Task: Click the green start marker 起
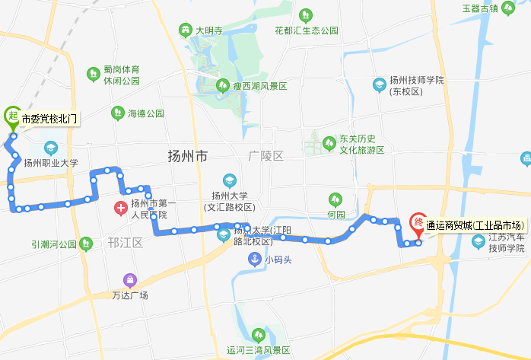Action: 12,116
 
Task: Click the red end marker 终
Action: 418,223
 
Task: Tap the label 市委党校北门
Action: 49,119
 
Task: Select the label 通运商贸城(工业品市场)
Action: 475,225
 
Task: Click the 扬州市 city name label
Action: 187,157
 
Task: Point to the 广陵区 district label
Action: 265,156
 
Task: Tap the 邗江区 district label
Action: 126,243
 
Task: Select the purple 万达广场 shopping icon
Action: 133,281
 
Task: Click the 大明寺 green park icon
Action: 185,30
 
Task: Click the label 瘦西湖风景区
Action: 260,86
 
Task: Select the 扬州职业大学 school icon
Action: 51,148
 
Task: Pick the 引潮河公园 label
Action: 54,244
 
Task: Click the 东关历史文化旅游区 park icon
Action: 329,142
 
